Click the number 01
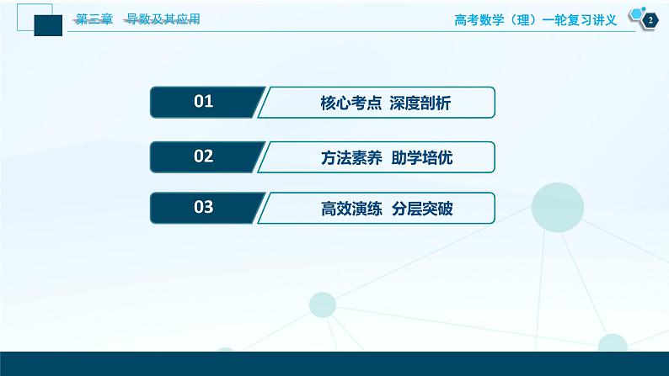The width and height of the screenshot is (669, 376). pos(204,103)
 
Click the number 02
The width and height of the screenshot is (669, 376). pos(204,156)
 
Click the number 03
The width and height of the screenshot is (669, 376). pos(204,208)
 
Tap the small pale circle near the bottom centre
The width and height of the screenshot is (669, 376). pos(323,305)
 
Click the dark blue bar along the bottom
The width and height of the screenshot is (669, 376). pos(334,363)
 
